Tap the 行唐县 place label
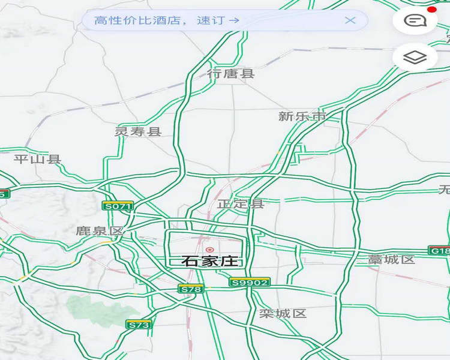[231, 74]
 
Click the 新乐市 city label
[302, 116]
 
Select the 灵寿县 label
[138, 131]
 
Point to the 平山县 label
[37, 159]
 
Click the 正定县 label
[241, 204]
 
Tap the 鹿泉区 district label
[99, 230]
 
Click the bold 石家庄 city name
[210, 261]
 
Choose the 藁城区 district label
[391, 259]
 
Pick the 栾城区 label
[283, 313]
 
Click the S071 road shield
[118, 206]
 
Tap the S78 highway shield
[191, 289]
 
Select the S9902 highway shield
[250, 282]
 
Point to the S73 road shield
[139, 325]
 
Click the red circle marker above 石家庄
[209, 250]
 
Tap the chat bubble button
[415, 20]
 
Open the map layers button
[415, 58]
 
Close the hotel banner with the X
[350, 20]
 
